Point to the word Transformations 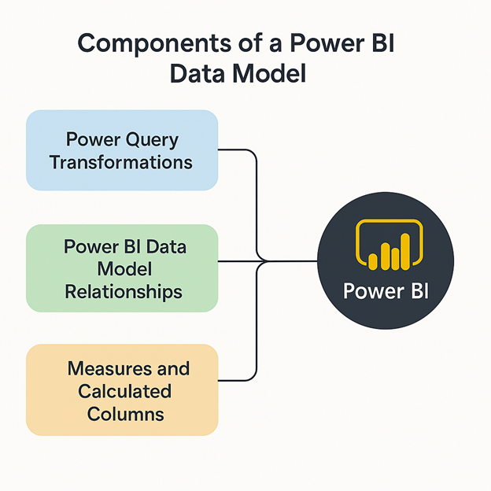click(121, 162)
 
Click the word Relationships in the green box click(123, 291)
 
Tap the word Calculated click(122, 391)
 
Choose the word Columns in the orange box click(122, 414)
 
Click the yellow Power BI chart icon click(386, 245)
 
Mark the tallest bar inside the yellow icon click(405, 249)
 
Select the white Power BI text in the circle click(386, 292)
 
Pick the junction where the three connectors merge click(259, 261)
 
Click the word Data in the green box click(166, 247)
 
